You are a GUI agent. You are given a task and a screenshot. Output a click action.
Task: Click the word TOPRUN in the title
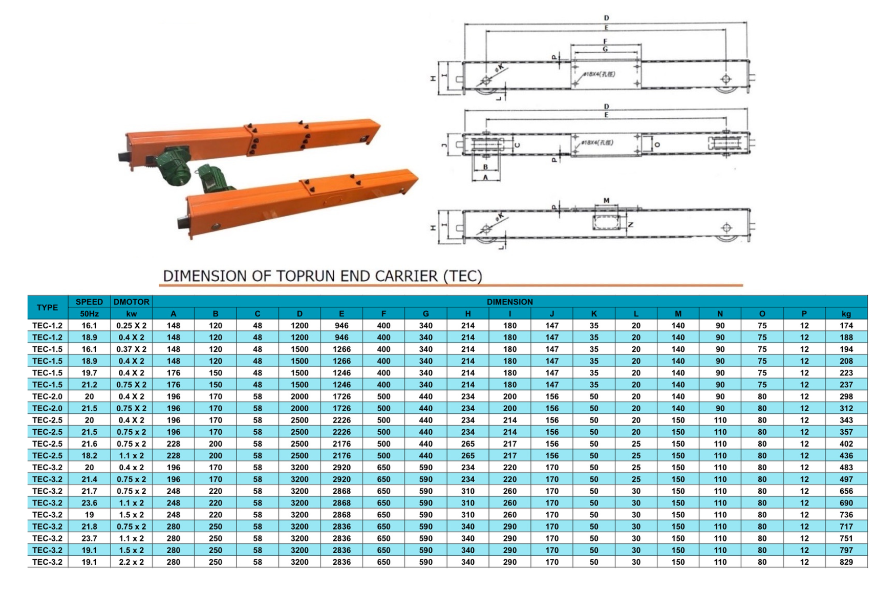(x=306, y=276)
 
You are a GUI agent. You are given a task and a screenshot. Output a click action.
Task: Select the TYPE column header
(x=47, y=307)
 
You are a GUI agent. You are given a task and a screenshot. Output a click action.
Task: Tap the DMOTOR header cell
(x=132, y=302)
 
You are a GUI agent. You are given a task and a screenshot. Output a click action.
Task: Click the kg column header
(x=846, y=313)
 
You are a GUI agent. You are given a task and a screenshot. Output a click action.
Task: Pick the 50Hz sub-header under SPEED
(x=89, y=313)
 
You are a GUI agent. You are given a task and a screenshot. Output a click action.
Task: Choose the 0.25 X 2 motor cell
(x=132, y=325)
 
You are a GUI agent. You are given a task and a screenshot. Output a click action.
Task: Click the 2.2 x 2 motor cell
(x=132, y=562)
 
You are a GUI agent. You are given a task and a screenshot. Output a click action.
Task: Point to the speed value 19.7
(x=89, y=373)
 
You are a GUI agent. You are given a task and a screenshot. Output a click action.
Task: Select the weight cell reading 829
(x=846, y=562)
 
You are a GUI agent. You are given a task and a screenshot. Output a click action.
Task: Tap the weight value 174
(x=846, y=325)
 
